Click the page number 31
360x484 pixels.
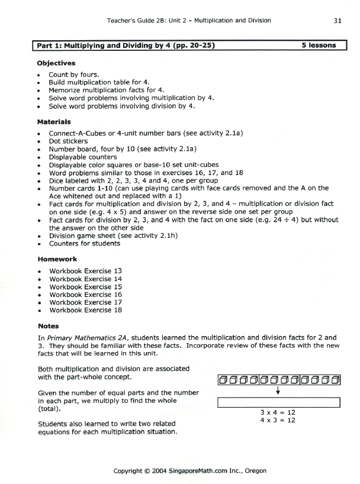pos(337,20)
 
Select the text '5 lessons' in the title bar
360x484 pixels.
pos(319,45)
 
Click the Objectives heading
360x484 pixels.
pos(56,63)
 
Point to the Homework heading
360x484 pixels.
pos(57,259)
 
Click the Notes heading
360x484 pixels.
pos(48,325)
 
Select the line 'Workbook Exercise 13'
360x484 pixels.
pos(85,271)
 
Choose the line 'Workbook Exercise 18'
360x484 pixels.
pos(85,309)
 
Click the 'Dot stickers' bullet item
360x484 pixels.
pos(68,141)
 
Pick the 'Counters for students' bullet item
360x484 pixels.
pos(84,243)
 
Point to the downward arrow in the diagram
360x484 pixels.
pos(278,391)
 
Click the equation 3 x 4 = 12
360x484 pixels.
pos(278,412)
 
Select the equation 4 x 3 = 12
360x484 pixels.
pos(278,420)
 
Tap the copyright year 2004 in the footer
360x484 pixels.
pos(159,471)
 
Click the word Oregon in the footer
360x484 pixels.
pos(254,471)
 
